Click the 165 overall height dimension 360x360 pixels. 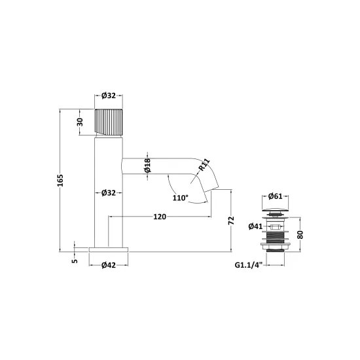pos(60,180)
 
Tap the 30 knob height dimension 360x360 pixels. pos(80,122)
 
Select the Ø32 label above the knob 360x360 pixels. pos(109,96)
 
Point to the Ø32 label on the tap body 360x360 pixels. pos(109,193)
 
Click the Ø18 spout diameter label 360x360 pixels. pos(147,166)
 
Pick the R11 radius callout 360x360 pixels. pos(204,165)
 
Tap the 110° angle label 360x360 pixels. pos(181,198)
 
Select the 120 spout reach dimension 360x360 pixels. pos(160,217)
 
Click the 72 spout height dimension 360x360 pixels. pos(231,221)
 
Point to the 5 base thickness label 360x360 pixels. pos(75,261)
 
